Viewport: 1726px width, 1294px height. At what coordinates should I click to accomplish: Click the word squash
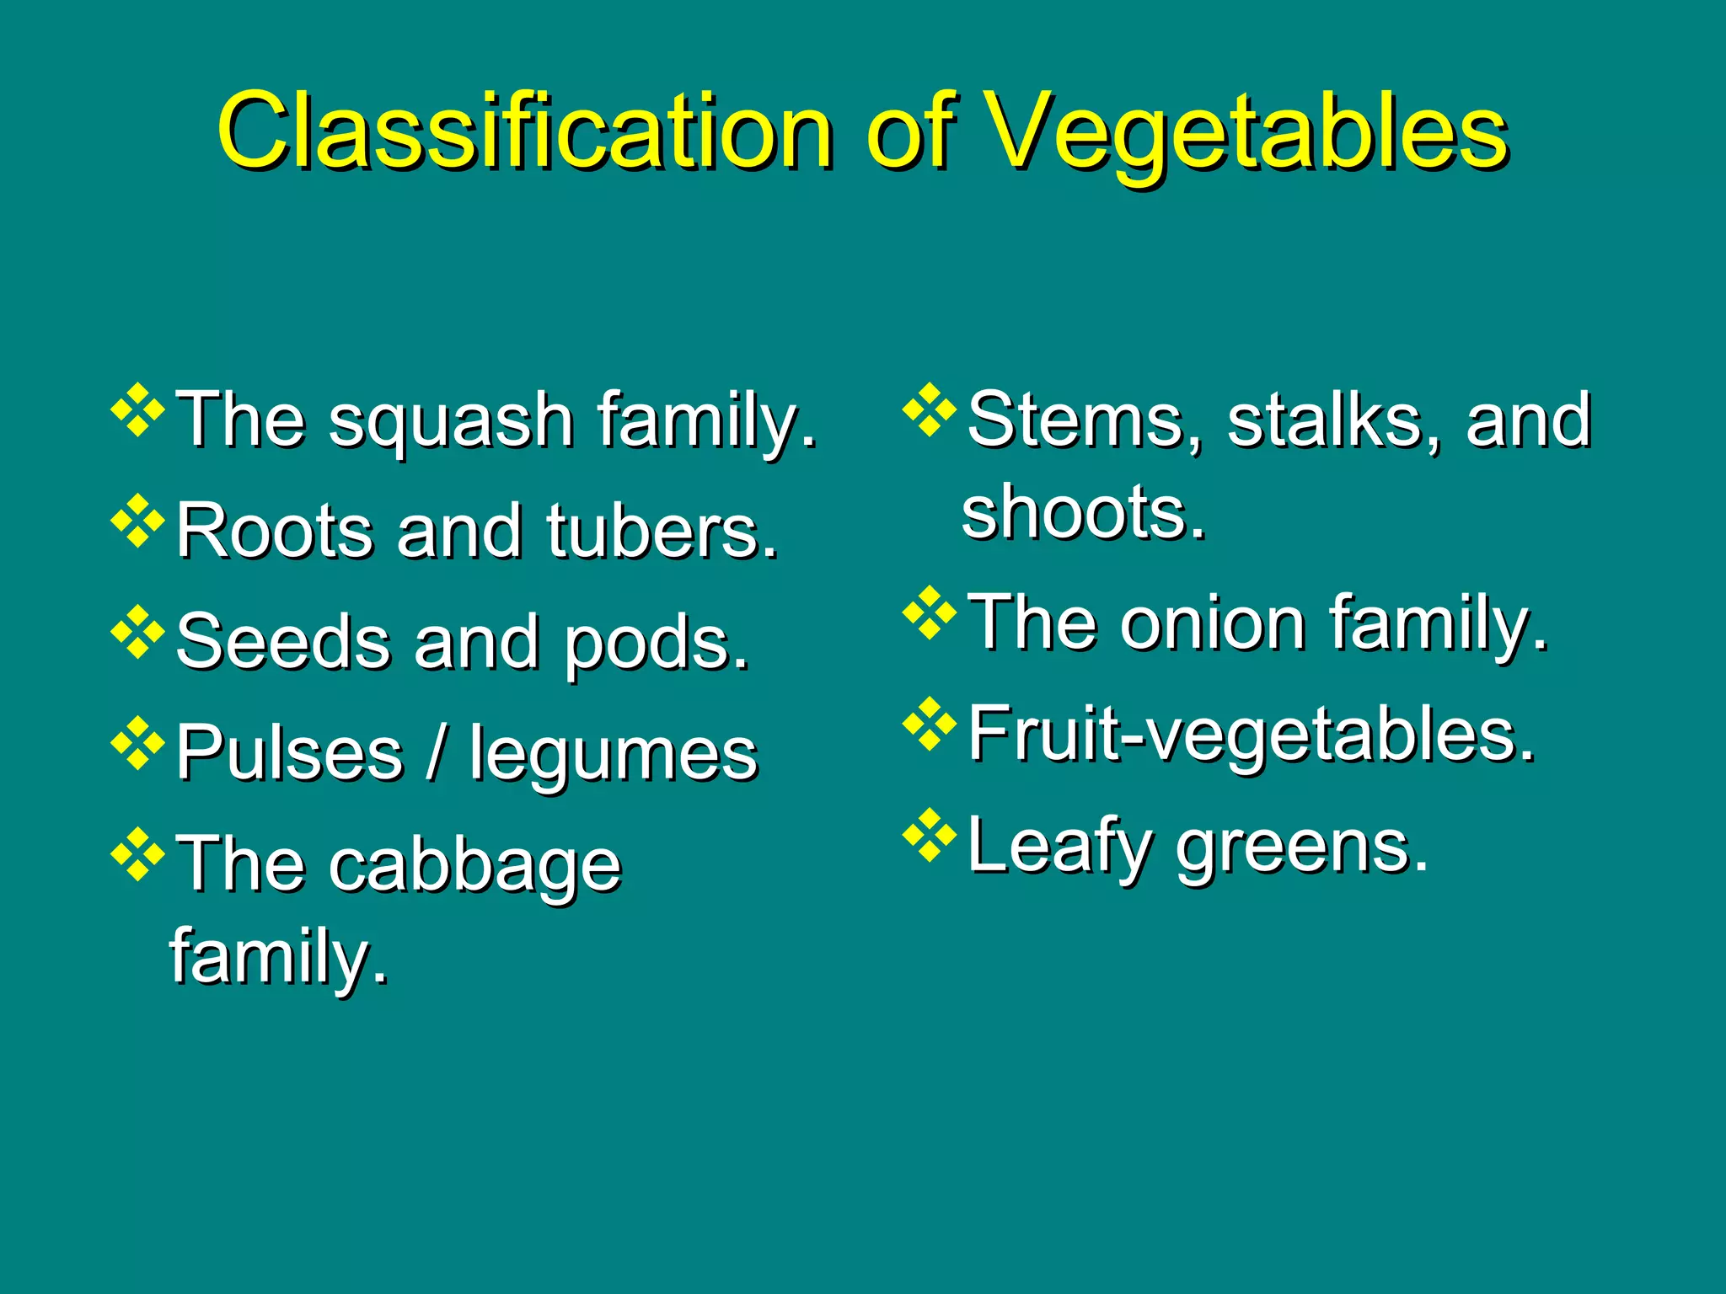click(x=451, y=421)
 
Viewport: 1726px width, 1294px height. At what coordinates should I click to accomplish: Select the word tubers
click(x=662, y=532)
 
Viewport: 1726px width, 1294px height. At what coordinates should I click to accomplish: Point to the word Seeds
click(x=283, y=642)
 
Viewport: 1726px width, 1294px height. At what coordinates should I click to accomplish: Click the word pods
click(x=656, y=645)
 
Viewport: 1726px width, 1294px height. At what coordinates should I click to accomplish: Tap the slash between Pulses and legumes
click(x=436, y=754)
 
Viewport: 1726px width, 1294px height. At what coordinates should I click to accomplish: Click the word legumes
click(x=614, y=757)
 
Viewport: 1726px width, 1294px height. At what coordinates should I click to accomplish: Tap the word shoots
click(x=1083, y=511)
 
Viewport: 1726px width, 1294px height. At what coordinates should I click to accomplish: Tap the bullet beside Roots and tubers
click(x=137, y=522)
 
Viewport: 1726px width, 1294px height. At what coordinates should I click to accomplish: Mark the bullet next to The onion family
click(x=930, y=612)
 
